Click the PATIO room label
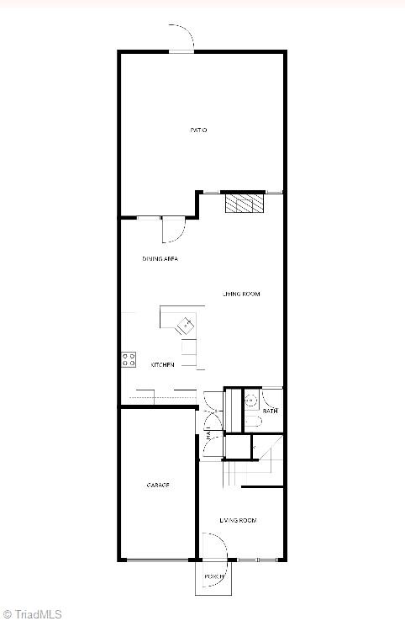(x=198, y=130)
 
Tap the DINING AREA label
(x=160, y=259)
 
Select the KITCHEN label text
(x=163, y=364)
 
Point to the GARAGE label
(x=158, y=486)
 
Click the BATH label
(x=270, y=411)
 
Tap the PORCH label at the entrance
(x=213, y=576)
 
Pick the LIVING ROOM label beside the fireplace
(x=240, y=295)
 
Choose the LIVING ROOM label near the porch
(x=238, y=521)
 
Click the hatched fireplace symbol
(x=244, y=204)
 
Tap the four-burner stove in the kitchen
(x=129, y=359)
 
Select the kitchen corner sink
(x=184, y=324)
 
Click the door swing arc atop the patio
(x=184, y=37)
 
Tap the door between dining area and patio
(x=173, y=228)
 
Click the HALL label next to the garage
(x=208, y=434)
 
